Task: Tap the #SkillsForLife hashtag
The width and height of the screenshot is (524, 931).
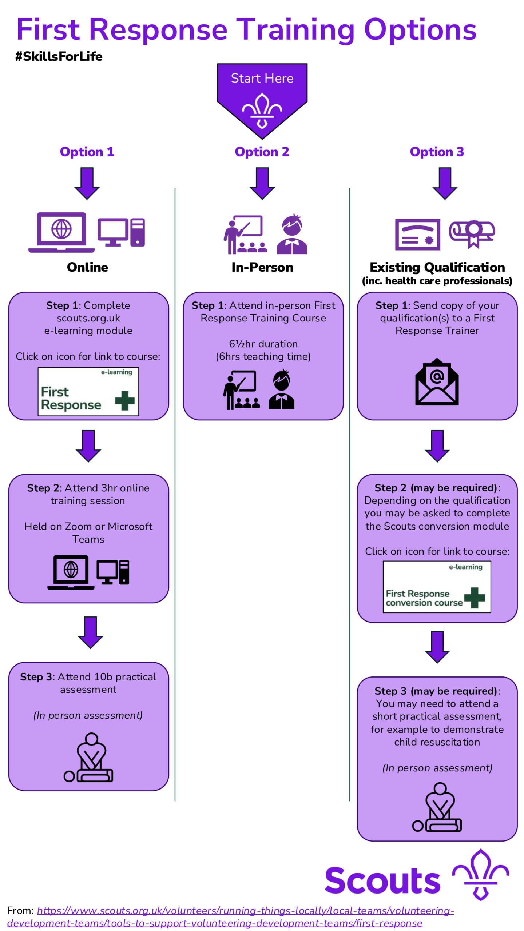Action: click(x=59, y=56)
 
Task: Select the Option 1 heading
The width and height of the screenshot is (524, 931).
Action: click(x=87, y=152)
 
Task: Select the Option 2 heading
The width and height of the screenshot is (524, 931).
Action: click(x=262, y=152)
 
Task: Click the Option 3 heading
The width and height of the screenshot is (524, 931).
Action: click(x=437, y=152)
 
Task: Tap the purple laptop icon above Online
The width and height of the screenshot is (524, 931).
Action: click(x=61, y=232)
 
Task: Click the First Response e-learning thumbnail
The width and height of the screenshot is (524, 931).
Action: click(x=88, y=392)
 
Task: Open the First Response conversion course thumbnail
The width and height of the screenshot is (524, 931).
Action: click(x=437, y=586)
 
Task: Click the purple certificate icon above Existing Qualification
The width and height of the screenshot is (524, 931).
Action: click(x=417, y=234)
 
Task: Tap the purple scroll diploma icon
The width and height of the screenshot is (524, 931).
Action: click(x=472, y=233)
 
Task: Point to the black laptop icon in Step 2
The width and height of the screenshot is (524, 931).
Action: click(x=71, y=572)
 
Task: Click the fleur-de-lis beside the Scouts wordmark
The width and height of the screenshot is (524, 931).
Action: click(x=480, y=874)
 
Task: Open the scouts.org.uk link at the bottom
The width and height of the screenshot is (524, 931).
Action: click(x=246, y=911)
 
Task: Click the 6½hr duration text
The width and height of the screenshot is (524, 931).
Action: click(x=263, y=344)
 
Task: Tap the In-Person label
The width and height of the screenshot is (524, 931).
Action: click(x=262, y=267)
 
